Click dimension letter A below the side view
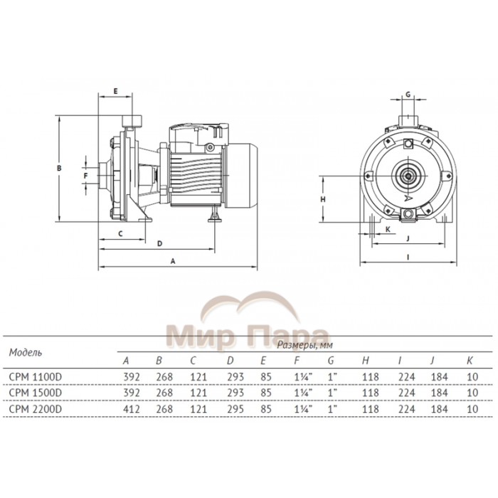tap(173, 261)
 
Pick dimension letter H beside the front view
tap(322, 200)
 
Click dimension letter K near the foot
tap(388, 229)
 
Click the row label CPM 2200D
tap(34, 409)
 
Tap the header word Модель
tap(25, 351)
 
